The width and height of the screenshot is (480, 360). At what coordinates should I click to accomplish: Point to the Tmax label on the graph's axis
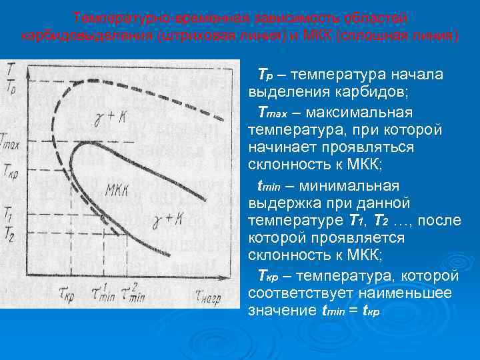point(10,142)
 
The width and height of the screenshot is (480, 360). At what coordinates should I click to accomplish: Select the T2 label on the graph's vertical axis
point(9,233)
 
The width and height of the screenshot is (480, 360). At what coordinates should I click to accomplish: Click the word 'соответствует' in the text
point(289,293)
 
